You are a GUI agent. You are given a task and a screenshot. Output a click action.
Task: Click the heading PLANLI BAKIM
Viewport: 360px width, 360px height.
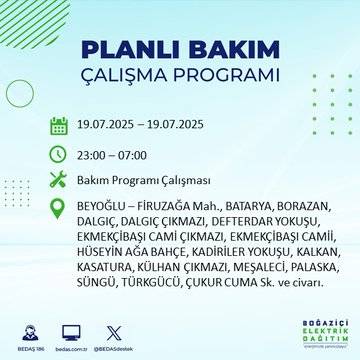tap(180, 49)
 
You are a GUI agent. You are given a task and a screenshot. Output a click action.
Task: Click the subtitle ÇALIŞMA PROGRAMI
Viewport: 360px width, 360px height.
tap(180, 76)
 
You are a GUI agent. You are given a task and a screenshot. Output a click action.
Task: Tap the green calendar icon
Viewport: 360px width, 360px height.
tap(58, 126)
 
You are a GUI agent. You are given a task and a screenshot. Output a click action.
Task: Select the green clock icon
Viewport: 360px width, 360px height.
tap(58, 155)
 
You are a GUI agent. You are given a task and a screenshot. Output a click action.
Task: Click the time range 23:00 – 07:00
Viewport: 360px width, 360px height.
tap(112, 155)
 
